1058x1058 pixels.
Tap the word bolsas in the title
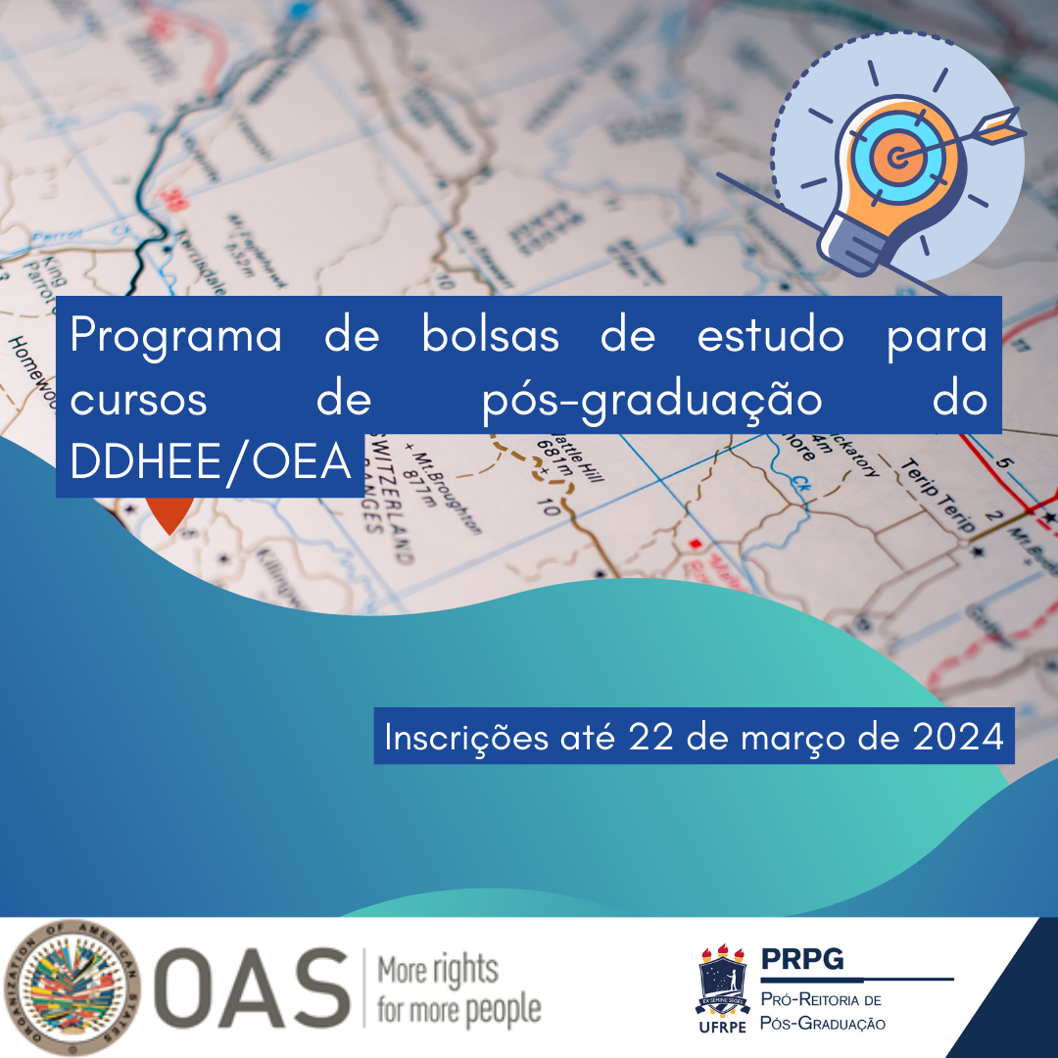point(491,336)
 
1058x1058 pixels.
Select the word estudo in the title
point(770,336)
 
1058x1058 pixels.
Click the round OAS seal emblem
point(73,986)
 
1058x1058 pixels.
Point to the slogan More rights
point(438,971)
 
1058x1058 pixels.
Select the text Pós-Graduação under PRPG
point(823,1024)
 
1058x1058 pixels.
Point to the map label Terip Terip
point(938,497)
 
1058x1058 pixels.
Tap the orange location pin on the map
point(168,513)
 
